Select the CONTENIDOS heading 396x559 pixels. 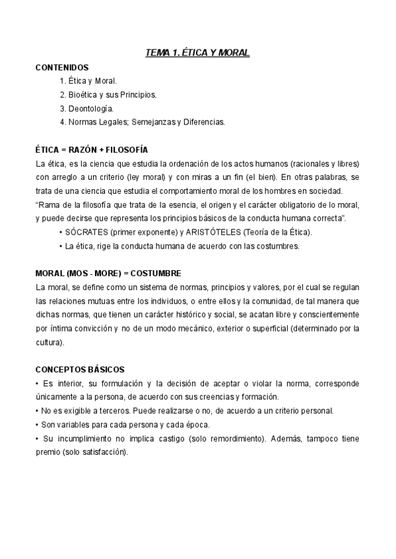(x=62, y=67)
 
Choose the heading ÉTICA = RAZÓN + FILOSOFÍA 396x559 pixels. (x=91, y=150)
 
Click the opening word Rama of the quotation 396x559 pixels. (x=49, y=204)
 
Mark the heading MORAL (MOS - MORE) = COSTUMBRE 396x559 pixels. (x=108, y=273)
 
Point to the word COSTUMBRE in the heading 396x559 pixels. (x=155, y=273)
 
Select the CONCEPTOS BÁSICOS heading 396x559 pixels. (x=80, y=369)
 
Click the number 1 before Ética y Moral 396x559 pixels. (x=61, y=80)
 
